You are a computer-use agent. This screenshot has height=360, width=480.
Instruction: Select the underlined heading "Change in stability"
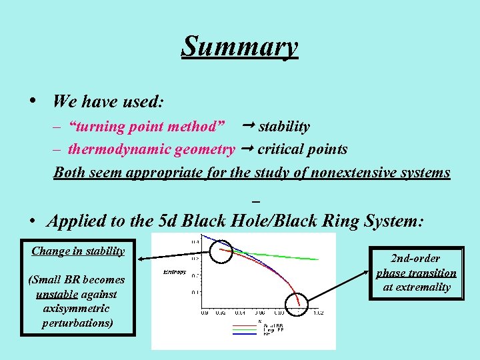[78, 251]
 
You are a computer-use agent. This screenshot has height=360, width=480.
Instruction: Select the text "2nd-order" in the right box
[415, 259]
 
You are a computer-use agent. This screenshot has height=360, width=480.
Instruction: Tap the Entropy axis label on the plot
[175, 273]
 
